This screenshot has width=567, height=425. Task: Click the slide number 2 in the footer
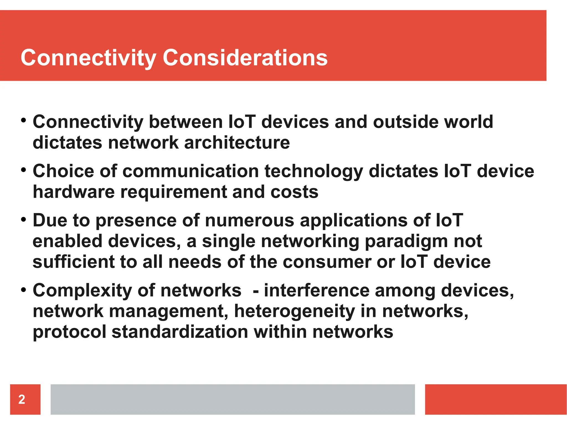click(22, 399)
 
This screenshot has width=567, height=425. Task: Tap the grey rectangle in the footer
click(233, 399)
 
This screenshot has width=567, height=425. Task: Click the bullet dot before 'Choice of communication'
click(24, 170)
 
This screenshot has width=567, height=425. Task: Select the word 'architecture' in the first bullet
click(237, 142)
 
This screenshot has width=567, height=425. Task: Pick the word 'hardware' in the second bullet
click(74, 192)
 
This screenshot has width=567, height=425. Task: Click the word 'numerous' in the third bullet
click(249, 221)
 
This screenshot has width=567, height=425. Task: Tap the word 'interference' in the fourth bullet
click(317, 291)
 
